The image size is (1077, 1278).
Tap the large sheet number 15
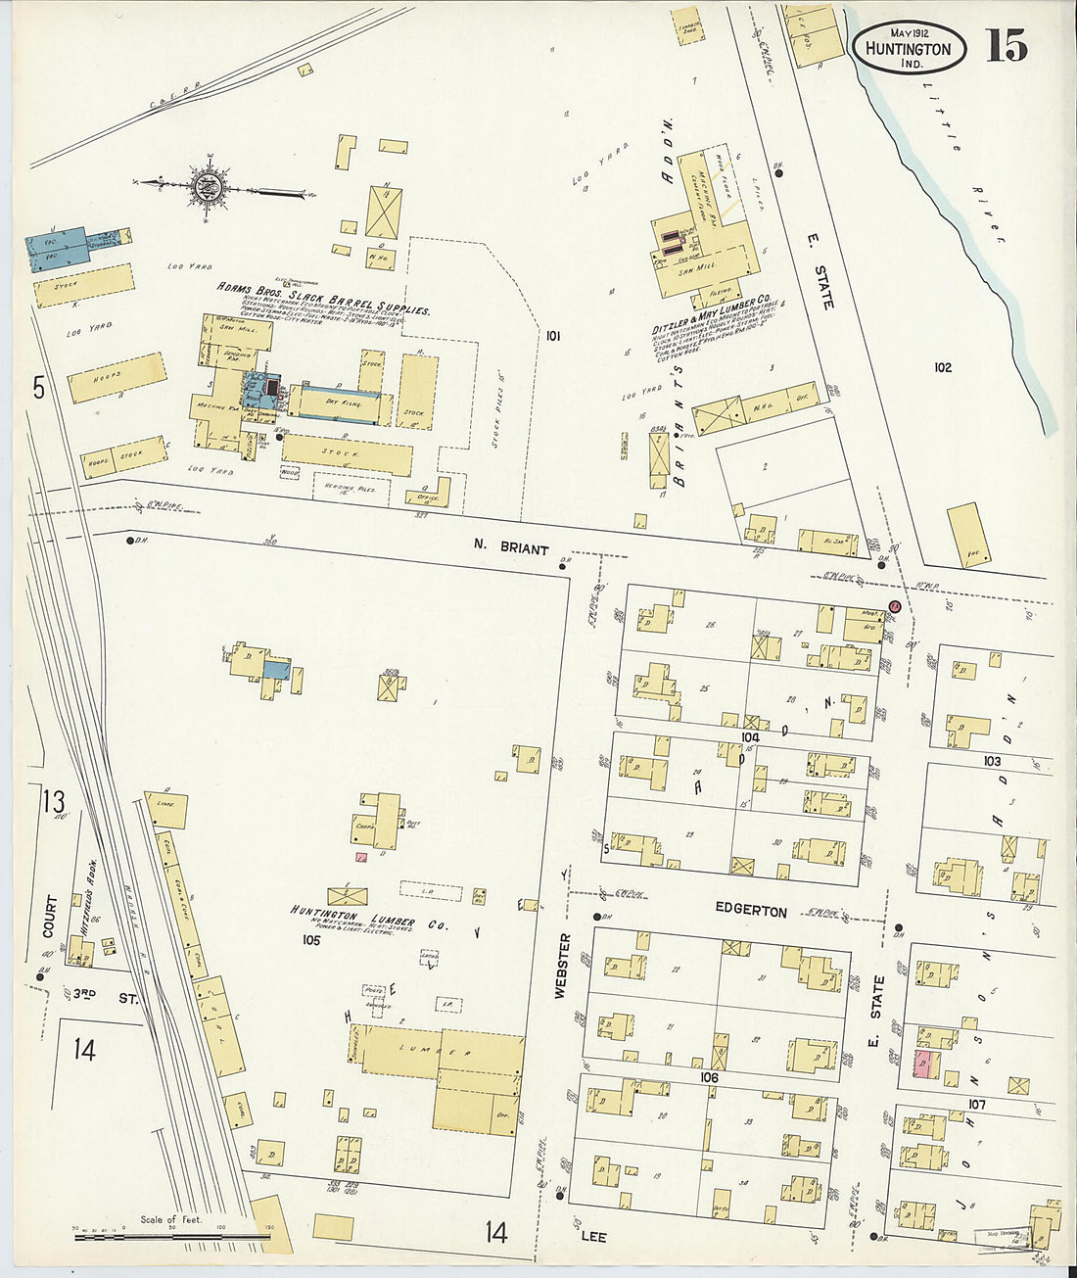[1006, 45]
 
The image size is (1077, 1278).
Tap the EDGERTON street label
[750, 911]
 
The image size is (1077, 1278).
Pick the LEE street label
[593, 1237]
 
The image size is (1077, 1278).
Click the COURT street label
[51, 916]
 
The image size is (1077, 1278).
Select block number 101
[553, 337]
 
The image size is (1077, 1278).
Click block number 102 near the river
[942, 368]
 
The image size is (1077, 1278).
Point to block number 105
[311, 940]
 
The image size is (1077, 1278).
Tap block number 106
[709, 1077]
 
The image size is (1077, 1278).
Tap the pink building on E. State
[922, 1065]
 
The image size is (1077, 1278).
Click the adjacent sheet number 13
[53, 802]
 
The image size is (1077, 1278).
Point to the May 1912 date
[910, 32]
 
